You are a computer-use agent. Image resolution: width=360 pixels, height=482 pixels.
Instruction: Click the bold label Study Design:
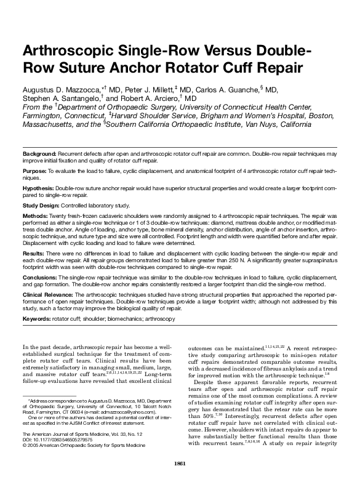(x=42, y=206)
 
